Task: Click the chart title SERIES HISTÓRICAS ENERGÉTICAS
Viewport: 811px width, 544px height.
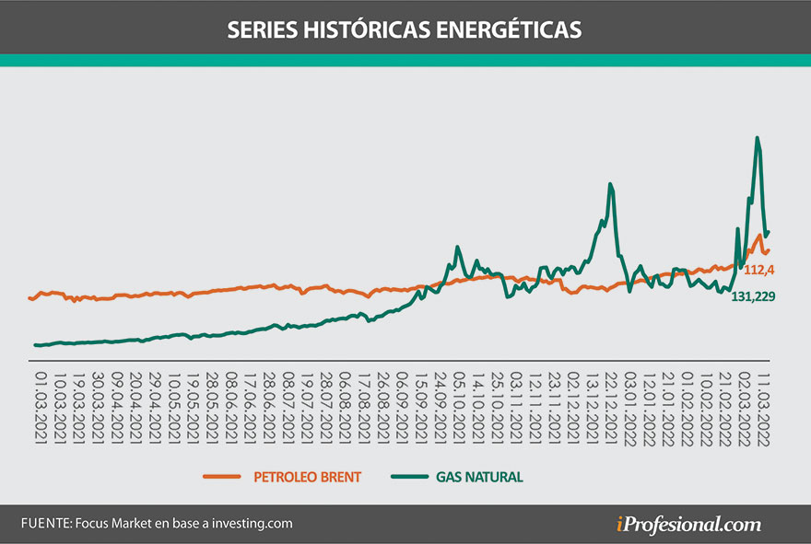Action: [405, 29]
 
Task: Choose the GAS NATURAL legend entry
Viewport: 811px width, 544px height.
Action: [480, 477]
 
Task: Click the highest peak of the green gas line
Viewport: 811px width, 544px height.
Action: [758, 138]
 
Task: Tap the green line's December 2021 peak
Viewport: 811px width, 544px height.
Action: [610, 184]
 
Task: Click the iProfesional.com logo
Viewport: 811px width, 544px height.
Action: [688, 525]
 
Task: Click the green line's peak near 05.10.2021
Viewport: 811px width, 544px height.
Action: [459, 248]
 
